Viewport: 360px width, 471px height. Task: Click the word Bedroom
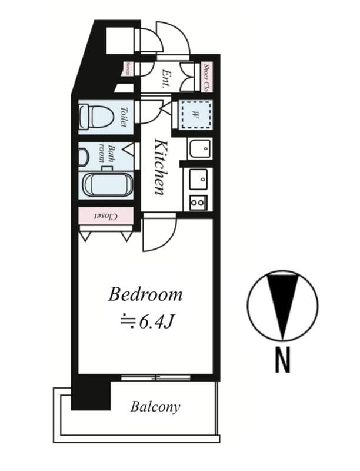coord(145,294)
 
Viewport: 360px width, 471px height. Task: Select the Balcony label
coord(155,407)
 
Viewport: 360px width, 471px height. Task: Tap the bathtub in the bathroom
coord(108,185)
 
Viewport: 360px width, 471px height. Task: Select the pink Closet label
coord(106,216)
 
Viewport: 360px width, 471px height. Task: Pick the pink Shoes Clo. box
coord(206,77)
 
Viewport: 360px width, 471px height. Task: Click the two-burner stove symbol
coord(198,203)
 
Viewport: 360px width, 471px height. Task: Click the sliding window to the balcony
coord(156,377)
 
